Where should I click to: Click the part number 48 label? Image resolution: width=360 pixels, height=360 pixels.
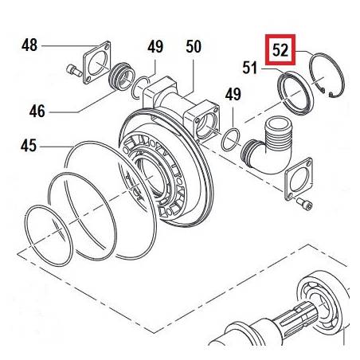[x=29, y=45]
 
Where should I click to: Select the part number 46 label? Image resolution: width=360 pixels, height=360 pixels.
[x=37, y=112]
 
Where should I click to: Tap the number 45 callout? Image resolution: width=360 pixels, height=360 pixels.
[x=29, y=146]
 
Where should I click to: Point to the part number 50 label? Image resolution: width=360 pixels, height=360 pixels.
[x=194, y=47]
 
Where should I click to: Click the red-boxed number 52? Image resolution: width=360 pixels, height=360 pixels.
[x=280, y=50]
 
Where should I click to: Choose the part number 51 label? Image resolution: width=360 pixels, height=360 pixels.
[x=250, y=68]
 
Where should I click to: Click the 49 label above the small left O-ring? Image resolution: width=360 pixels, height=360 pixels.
[x=155, y=47]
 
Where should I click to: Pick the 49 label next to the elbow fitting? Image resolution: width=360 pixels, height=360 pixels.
[x=233, y=94]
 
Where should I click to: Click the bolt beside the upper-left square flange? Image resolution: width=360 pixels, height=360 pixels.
[x=74, y=71]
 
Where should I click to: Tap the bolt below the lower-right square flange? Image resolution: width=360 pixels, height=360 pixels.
[x=304, y=204]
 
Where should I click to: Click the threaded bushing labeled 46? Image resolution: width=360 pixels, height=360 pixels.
[x=122, y=76]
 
